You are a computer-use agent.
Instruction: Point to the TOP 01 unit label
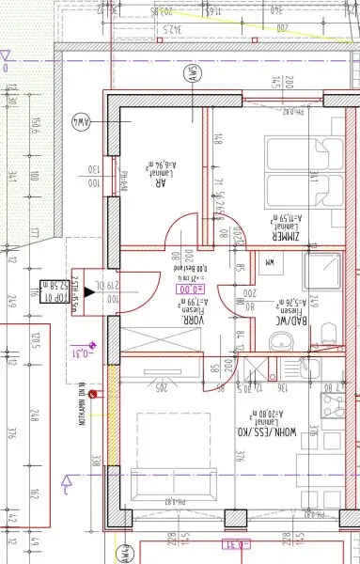(x=55, y=291)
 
